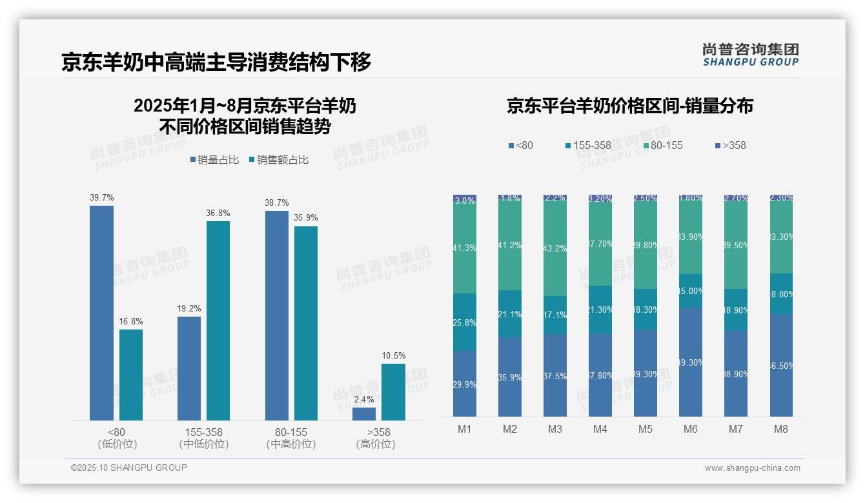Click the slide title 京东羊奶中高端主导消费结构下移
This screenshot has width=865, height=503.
pos(216,62)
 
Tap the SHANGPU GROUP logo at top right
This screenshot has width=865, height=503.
pos(750,55)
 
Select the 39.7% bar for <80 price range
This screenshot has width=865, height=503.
pos(101,313)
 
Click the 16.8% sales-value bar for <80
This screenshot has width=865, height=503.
pos(131,375)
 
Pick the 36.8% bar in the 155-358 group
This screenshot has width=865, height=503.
pos(218,321)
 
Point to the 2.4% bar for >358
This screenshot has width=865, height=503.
pos(364,413)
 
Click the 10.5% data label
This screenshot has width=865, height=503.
pos(394,356)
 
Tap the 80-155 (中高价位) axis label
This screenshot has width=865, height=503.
pos(290,438)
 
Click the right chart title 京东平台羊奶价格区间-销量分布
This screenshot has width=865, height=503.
pos(629,106)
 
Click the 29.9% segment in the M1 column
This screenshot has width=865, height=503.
pos(465,384)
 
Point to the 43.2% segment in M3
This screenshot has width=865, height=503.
pos(555,248)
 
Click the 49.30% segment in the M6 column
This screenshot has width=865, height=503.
pos(690,362)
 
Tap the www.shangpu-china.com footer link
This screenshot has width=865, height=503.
pos(752,468)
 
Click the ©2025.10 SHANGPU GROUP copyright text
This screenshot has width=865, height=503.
pos(129,468)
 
